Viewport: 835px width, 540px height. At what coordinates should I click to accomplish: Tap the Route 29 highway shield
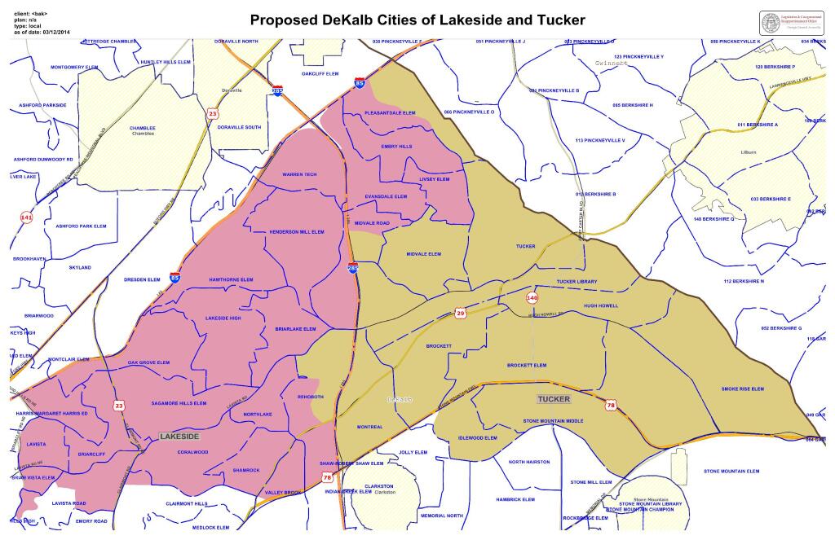point(460,314)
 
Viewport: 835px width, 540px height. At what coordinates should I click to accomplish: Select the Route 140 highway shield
point(532,297)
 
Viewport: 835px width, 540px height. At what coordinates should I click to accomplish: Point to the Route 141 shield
point(26,218)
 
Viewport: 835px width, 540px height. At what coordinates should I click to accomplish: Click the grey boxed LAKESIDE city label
point(179,437)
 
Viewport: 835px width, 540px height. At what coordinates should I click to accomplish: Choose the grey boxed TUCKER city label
point(554,399)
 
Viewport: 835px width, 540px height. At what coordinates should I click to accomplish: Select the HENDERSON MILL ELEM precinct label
point(297,232)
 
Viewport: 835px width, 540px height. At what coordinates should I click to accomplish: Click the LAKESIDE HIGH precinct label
point(223,318)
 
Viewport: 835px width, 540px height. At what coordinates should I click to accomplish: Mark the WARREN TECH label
point(298,174)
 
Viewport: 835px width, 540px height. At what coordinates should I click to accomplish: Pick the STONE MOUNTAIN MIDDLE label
point(554,421)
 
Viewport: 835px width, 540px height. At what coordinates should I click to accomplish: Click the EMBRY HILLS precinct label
point(397,147)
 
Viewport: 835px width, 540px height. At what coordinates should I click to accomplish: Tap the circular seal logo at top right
point(771,23)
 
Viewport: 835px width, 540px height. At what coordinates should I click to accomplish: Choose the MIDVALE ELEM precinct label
point(423,254)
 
